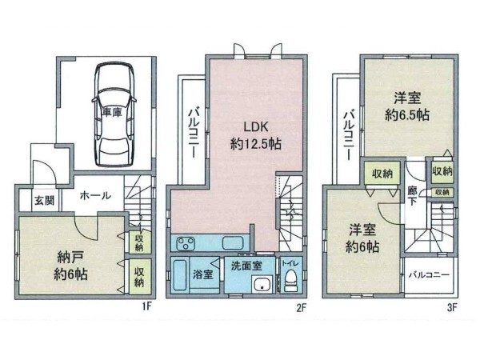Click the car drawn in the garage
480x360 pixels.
(x=114, y=114)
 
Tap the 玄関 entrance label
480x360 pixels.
(x=44, y=201)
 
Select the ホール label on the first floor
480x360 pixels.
(x=95, y=195)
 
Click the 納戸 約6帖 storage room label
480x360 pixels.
(x=70, y=266)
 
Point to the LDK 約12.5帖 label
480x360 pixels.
(x=256, y=135)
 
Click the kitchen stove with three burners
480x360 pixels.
(x=186, y=244)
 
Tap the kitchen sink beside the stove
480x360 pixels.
(x=233, y=243)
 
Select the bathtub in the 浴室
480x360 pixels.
(x=180, y=274)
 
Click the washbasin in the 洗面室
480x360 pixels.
(x=262, y=284)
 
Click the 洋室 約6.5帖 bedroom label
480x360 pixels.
(x=407, y=106)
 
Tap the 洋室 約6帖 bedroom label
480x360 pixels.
(x=362, y=238)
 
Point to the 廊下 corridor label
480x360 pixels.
(x=412, y=196)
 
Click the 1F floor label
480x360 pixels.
(x=146, y=306)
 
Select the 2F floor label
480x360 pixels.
(x=301, y=306)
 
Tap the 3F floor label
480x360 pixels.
(x=452, y=306)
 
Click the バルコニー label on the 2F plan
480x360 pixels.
(x=194, y=133)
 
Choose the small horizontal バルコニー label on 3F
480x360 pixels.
(x=429, y=274)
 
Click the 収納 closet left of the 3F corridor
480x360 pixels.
(x=382, y=174)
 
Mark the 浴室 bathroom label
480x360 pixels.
(x=202, y=274)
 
